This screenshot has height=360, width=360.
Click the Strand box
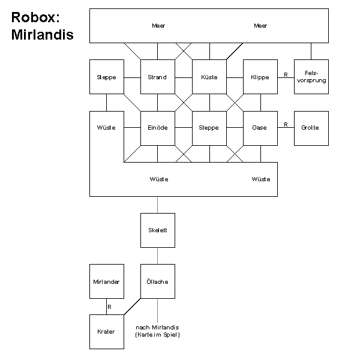[x=158, y=77]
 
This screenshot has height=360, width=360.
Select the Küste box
[x=209, y=77]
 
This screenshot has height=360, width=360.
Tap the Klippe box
[x=260, y=77]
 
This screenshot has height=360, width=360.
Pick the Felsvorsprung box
[x=311, y=77]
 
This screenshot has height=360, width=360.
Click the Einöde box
[x=158, y=128]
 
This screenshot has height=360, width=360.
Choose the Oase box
[x=260, y=128]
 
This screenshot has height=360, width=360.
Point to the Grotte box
[x=311, y=128]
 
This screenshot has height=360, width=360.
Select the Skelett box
[x=158, y=230]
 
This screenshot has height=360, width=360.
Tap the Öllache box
[x=158, y=281]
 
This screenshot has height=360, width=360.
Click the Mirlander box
[x=107, y=281]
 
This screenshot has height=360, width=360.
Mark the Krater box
[x=107, y=332]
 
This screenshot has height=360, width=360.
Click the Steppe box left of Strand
[x=107, y=77]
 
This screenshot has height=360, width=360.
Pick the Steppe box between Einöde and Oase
[x=209, y=128]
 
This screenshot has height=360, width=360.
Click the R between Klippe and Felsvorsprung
[x=286, y=74]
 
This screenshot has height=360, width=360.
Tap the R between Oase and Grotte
[x=286, y=125]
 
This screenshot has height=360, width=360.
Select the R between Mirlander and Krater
[x=110, y=307]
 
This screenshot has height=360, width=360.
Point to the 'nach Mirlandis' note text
[x=158, y=327]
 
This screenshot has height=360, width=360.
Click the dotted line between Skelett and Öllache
[x=158, y=256]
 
